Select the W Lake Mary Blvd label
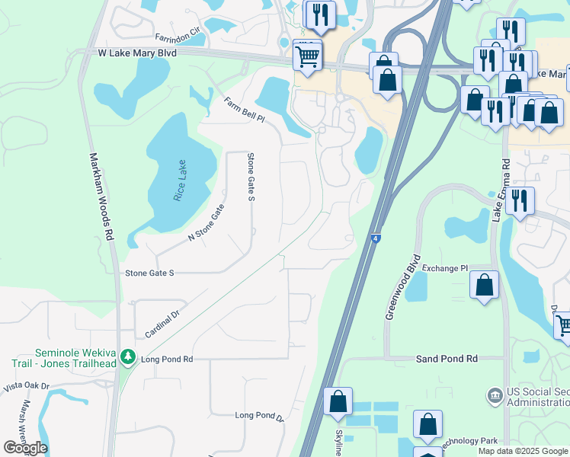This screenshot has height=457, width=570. point(137,53)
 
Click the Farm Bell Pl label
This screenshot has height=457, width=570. point(244,110)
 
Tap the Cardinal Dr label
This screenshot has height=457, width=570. point(161,324)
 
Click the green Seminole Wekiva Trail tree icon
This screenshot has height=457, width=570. point(129,356)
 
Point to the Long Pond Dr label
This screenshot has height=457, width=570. point(259,417)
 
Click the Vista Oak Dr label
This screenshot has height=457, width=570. point(26,387)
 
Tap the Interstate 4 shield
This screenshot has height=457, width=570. point(376,239)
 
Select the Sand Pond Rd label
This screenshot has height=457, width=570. point(447,358)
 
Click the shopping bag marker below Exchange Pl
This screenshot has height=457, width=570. point(484,286)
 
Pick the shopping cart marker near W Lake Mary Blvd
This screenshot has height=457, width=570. point(307,55)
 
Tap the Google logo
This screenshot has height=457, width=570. point(25,448)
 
